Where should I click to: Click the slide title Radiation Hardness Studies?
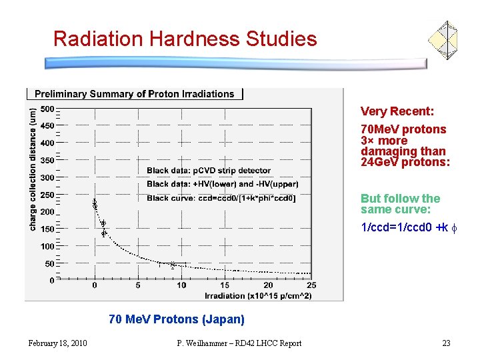coord(185,39)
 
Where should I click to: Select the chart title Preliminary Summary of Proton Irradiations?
coord(134,94)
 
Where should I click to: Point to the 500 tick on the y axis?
coord(47,109)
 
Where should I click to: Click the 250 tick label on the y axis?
coord(47,195)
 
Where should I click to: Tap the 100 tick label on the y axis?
coord(47,246)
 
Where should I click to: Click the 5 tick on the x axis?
coord(138,285)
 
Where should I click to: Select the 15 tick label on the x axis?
coord(225,285)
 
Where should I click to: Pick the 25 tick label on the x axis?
coord(311,285)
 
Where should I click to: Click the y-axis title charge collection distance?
coord(33,170)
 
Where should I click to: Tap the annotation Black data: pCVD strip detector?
coord(209,171)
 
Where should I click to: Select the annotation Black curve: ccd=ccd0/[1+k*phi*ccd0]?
coord(221,198)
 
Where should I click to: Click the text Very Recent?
coord(397,111)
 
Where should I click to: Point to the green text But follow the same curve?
coord(400,203)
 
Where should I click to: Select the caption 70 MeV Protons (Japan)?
coord(177,319)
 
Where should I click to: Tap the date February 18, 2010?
coord(57,343)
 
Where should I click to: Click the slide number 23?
coord(446,343)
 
